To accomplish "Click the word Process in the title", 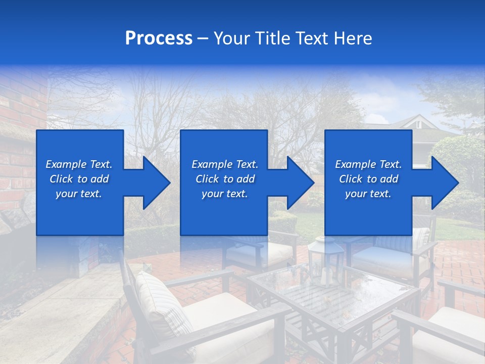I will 159,38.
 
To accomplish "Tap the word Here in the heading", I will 352,38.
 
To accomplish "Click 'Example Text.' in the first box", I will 79,164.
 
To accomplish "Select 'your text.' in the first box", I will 79,194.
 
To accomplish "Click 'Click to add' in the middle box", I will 225,179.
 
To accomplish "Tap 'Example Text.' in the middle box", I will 225,164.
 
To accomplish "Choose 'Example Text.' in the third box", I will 368,164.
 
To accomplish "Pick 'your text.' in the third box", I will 368,194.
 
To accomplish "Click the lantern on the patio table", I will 319,258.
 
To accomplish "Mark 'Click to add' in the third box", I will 368,179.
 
